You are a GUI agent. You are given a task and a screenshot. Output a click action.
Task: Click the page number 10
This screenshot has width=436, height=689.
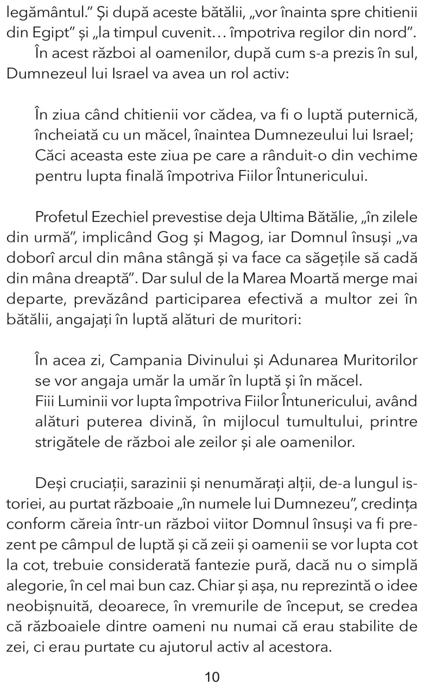pos(212,677)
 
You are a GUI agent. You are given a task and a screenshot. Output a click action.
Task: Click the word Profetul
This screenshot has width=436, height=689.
pos(61,217)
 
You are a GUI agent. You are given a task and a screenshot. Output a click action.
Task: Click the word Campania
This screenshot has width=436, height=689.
pos(142,360)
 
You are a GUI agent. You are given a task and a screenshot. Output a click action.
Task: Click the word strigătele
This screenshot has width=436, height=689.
pos(70,442)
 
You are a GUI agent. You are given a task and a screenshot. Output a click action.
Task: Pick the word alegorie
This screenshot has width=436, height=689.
pos(34,586)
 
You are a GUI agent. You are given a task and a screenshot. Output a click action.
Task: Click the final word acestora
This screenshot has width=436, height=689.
pos(300,647)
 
